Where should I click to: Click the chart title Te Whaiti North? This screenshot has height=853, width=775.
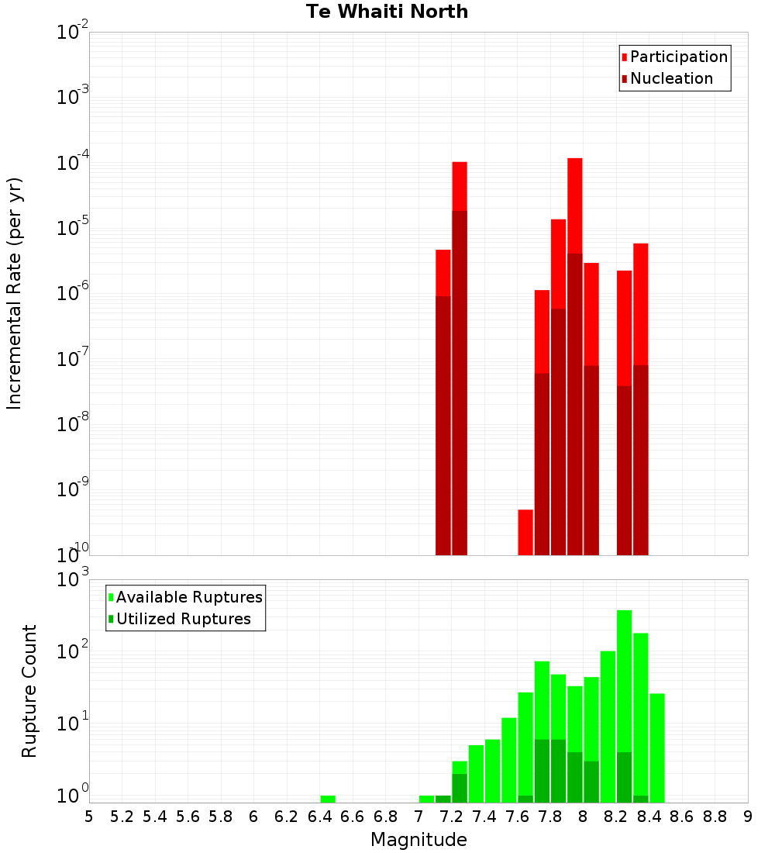pos(387,12)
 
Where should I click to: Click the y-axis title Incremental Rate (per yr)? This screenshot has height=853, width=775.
pos(15,293)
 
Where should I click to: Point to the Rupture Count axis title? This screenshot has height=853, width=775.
pos(29,691)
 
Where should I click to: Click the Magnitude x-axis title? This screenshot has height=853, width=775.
pos(418,840)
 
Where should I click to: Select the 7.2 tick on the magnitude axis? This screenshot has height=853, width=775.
pos(452,817)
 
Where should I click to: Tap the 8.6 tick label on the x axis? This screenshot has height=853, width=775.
pos(682,817)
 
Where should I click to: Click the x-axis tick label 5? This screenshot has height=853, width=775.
pos(89,817)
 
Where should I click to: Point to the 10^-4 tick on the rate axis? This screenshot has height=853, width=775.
pos(73,164)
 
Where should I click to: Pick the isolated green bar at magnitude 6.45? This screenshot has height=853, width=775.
pos(328,799)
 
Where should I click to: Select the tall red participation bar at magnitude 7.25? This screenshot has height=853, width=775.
pos(460,186)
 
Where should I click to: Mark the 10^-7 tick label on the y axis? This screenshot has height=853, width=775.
pos(73,360)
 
